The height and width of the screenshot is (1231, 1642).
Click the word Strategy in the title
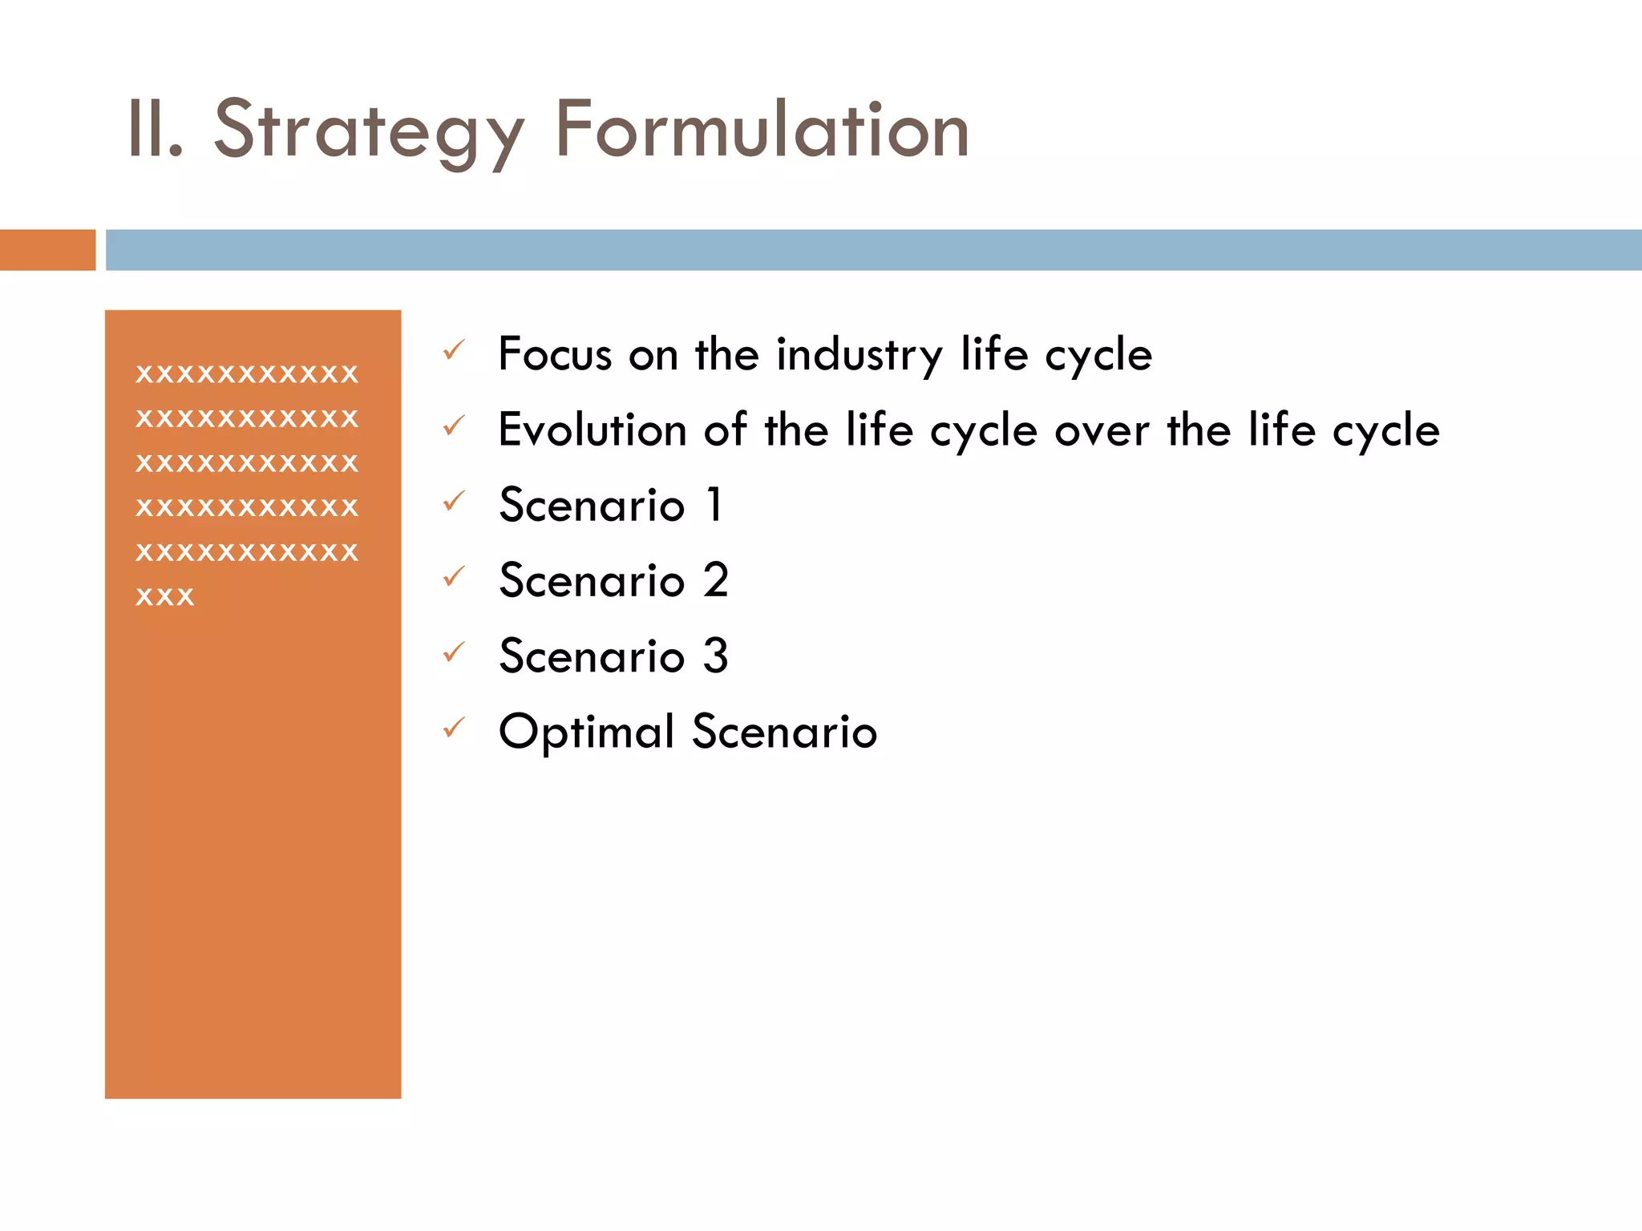(x=369, y=131)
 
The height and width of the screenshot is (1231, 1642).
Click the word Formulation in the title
(x=762, y=131)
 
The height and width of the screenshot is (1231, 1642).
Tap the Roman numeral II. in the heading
(x=155, y=131)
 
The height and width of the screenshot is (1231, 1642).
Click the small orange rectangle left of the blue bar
(x=47, y=250)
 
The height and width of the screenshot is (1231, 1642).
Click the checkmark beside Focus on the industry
(x=454, y=350)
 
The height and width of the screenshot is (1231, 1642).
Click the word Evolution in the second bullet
(x=592, y=430)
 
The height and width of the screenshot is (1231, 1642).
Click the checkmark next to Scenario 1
(x=454, y=501)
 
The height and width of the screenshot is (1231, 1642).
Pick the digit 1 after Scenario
(x=714, y=505)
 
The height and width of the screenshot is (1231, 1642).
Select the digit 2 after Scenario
(x=715, y=580)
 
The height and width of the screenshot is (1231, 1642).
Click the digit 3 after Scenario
(x=715, y=656)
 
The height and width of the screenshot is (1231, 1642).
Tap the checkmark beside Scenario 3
(x=454, y=652)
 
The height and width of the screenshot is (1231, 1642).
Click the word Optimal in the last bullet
(x=586, y=733)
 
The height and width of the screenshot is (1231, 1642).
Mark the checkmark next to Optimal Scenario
(x=454, y=728)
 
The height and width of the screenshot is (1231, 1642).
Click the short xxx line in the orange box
(x=165, y=597)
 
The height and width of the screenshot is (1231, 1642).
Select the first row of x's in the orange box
(x=247, y=374)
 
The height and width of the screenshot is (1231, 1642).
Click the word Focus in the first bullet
(x=555, y=355)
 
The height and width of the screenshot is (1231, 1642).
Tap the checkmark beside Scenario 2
(x=454, y=576)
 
